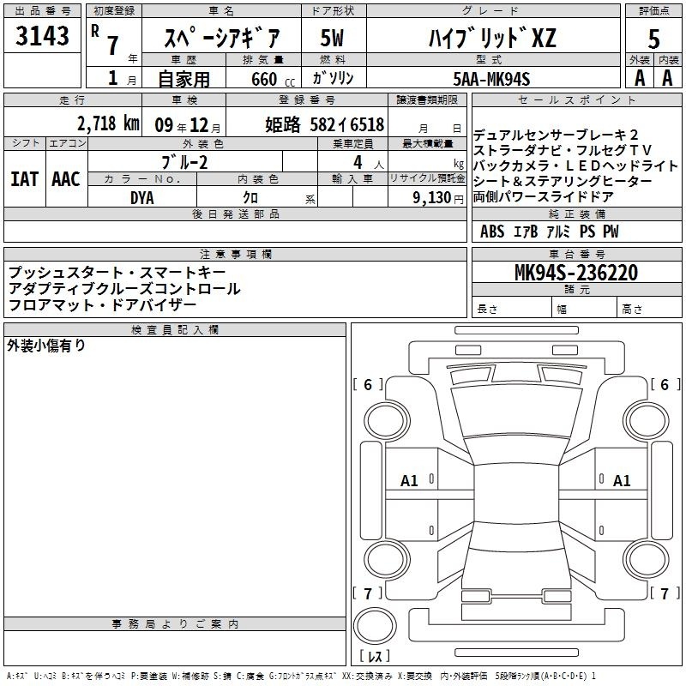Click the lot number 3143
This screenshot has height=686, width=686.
click(x=42, y=36)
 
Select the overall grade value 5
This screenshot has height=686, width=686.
click(x=653, y=39)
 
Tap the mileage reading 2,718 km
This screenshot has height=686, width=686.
click(x=108, y=123)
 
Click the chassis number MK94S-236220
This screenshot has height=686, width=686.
click(x=576, y=273)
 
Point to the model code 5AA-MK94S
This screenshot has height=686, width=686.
click(x=491, y=79)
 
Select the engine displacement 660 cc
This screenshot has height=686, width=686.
click(x=273, y=80)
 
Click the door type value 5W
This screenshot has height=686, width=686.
click(x=332, y=38)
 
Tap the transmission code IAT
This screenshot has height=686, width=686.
click(x=25, y=179)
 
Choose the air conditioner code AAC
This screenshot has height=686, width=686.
click(x=66, y=179)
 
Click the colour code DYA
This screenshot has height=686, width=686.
click(x=142, y=198)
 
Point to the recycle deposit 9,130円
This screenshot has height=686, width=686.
click(x=438, y=198)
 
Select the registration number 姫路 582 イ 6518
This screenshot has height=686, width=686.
click(x=325, y=124)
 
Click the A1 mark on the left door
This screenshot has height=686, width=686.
click(x=409, y=481)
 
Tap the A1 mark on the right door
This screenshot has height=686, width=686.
click(x=622, y=481)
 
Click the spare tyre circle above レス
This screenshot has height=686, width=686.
click(x=375, y=626)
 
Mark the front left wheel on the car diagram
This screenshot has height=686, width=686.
click(x=387, y=421)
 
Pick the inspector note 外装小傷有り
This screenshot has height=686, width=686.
click(x=46, y=346)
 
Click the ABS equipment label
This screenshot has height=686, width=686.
click(x=492, y=232)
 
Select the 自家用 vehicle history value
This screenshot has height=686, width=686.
click(x=184, y=79)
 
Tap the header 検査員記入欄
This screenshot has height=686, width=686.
click(x=175, y=330)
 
